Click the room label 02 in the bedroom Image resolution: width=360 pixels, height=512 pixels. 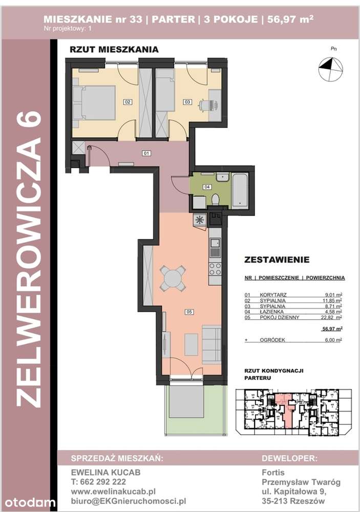coord(127,102)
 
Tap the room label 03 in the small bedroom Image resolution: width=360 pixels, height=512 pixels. coord(187,102)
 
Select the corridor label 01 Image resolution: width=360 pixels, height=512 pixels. coord(145,153)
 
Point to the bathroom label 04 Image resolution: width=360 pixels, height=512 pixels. coord(207,186)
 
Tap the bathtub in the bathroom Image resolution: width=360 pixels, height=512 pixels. coord(239,190)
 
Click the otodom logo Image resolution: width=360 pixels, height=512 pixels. coord(29,501)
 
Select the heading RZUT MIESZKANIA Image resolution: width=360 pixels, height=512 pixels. coord(114,50)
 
